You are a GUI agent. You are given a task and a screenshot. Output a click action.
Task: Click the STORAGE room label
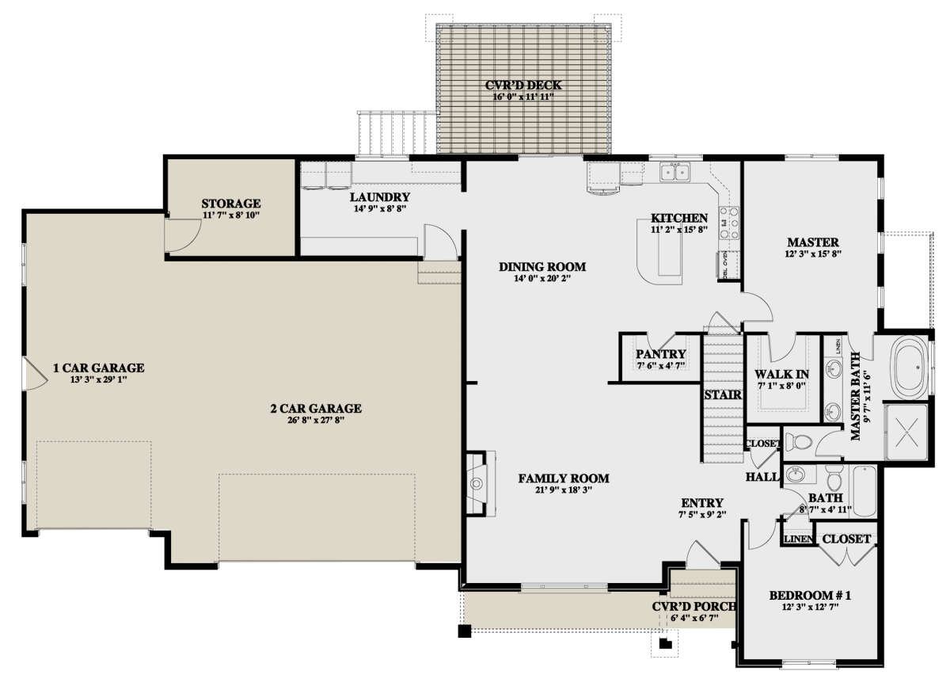click(231, 204)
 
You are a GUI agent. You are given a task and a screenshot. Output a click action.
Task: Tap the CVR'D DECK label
click(523, 85)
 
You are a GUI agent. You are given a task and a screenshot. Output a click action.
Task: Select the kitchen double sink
click(675, 172)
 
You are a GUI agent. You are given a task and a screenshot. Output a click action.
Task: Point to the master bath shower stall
click(906, 432)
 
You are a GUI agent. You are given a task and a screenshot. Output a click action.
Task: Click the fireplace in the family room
click(479, 483)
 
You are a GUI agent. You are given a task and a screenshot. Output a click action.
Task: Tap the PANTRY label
click(661, 354)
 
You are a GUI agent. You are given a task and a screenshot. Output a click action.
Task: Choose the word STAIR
click(723, 395)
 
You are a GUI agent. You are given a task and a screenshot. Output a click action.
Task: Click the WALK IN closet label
click(781, 374)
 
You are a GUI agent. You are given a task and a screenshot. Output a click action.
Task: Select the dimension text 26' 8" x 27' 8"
click(316, 421)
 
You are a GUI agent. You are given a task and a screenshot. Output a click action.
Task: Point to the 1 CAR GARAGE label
click(99, 368)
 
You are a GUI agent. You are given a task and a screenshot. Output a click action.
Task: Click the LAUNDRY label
click(380, 197)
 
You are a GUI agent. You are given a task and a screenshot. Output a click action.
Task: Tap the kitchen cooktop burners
click(728, 223)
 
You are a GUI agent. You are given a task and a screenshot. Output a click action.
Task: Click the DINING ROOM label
click(542, 266)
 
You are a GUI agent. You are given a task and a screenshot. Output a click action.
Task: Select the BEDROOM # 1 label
click(810, 596)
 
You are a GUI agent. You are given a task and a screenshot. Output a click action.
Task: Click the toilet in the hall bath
click(834, 478)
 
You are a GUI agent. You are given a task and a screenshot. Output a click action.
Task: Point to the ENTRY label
click(702, 503)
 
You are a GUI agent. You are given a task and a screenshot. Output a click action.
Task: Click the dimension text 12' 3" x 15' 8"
click(813, 254)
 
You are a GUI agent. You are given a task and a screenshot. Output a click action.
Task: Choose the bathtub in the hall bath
click(864, 490)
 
